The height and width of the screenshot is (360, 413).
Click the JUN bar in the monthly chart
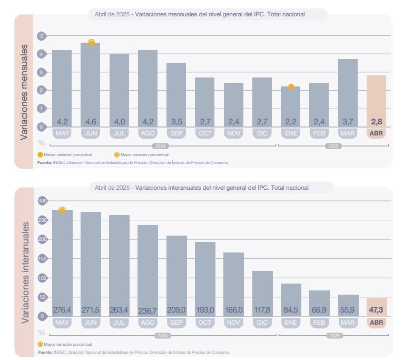click(91, 84)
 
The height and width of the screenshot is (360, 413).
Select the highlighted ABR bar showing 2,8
click(376, 100)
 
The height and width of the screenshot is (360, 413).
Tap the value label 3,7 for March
click(348, 122)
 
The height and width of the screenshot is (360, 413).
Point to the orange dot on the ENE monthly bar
click(291, 86)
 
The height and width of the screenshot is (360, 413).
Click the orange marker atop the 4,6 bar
click(91, 43)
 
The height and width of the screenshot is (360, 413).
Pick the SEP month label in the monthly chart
click(176, 133)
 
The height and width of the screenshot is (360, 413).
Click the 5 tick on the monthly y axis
click(41, 36)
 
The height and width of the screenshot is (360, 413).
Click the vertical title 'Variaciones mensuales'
click(24, 92)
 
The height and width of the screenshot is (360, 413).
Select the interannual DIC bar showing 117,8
click(262, 293)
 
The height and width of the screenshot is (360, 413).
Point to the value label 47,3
click(377, 309)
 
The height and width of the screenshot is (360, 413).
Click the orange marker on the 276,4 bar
click(62, 210)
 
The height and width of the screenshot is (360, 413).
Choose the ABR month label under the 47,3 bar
click(377, 323)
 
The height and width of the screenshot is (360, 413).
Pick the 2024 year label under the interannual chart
click(163, 335)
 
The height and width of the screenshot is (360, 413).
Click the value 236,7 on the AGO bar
click(147, 310)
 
